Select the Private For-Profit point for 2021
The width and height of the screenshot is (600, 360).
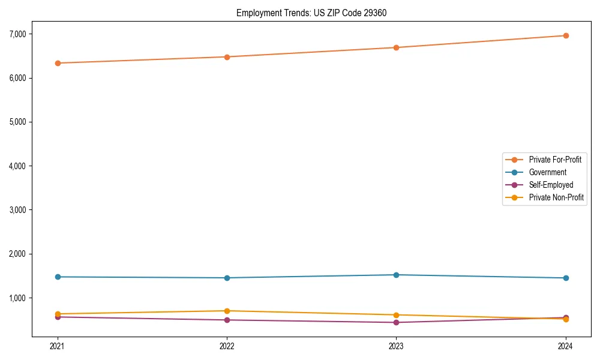58,63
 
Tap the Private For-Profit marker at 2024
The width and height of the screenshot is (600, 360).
566,35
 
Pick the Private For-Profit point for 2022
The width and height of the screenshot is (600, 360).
227,57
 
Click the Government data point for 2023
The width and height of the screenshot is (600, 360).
396,275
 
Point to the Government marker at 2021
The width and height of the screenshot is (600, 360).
58,277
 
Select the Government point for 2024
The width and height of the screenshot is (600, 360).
566,278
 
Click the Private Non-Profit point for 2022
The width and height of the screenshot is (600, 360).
227,311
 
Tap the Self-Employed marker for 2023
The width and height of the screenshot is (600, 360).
396,322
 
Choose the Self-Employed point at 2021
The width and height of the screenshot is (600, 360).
58,317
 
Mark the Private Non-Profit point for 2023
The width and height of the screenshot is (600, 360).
396,315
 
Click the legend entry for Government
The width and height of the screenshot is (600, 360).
547,172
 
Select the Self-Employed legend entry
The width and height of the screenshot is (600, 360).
551,185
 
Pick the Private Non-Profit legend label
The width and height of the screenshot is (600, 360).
556,197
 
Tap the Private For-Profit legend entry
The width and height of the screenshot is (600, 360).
555,160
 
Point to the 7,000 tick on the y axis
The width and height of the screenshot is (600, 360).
17,34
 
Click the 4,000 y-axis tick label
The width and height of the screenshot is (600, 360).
17,166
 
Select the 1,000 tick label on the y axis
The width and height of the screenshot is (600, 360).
17,298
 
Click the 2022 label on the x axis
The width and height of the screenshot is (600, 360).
227,346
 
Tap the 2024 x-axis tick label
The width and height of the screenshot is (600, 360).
566,346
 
